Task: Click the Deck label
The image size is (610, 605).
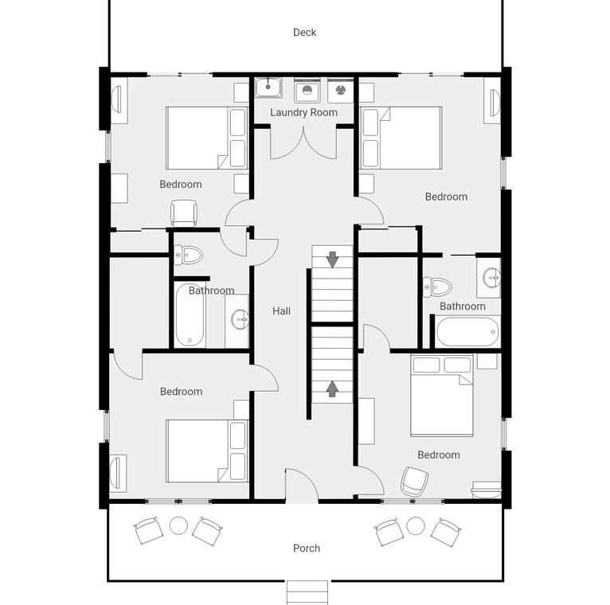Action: pyautogui.click(x=304, y=33)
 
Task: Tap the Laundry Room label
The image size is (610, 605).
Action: pyautogui.click(x=304, y=112)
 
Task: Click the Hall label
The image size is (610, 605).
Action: pyautogui.click(x=281, y=311)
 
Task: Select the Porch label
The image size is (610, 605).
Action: pyautogui.click(x=307, y=548)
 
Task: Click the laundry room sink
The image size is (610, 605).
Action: pyautogui.click(x=268, y=88)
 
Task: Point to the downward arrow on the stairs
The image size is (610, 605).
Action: pyautogui.click(x=332, y=260)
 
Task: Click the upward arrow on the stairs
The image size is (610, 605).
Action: pyautogui.click(x=331, y=388)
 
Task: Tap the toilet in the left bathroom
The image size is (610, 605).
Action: pyautogui.click(x=188, y=255)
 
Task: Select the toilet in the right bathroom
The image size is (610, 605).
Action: pyautogui.click(x=437, y=287)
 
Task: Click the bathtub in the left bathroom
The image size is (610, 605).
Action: pyautogui.click(x=190, y=315)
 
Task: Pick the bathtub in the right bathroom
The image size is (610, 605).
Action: pyautogui.click(x=468, y=332)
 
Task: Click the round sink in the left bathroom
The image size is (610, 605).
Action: pyautogui.click(x=240, y=319)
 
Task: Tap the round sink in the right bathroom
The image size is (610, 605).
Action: pyautogui.click(x=492, y=278)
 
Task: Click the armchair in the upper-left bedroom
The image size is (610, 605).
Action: pyautogui.click(x=184, y=213)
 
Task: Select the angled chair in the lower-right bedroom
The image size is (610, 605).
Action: pyautogui.click(x=414, y=482)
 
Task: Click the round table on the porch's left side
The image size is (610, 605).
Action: pyautogui.click(x=178, y=525)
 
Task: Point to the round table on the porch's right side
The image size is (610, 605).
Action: pyautogui.click(x=416, y=525)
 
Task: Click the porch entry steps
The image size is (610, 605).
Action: pyautogui.click(x=307, y=592)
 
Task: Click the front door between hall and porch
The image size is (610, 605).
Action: pyautogui.click(x=302, y=486)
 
